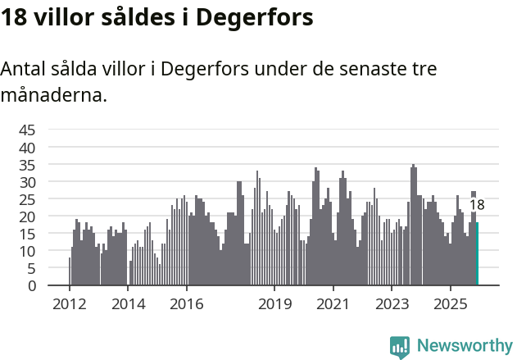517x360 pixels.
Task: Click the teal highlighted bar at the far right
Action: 477,254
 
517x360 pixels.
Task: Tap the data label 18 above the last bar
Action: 477,205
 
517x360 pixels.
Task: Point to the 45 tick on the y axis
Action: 27,130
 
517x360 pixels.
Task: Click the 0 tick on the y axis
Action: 31,285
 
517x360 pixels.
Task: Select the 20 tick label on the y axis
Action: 27,216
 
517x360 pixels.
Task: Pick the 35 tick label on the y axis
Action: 27,164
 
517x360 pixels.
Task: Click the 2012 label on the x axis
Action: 69,304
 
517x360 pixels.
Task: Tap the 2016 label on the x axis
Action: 187,304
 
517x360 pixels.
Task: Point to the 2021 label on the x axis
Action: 333,304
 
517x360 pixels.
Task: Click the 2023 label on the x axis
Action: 392,304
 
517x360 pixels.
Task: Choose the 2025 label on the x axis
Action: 451,304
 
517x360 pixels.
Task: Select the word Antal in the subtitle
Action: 25,69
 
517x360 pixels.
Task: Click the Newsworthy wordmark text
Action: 465,346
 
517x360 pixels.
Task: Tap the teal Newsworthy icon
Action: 400,347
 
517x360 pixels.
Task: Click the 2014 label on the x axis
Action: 128,304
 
